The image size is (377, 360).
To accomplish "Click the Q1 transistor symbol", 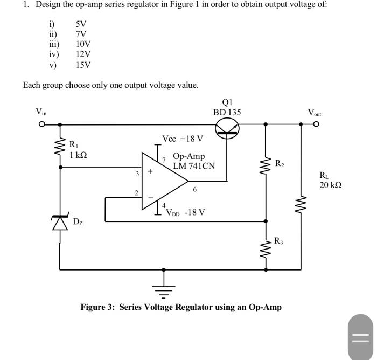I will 227,128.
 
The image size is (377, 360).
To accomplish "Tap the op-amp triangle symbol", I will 164,181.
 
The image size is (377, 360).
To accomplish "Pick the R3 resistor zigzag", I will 265,248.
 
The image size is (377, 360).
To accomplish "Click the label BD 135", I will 227,112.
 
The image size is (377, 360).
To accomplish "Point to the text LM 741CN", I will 194,166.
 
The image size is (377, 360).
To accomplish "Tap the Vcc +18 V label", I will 183,139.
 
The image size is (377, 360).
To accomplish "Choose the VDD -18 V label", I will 186,212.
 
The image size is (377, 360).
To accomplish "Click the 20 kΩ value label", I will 330,185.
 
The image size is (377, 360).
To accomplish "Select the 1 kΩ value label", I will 78,154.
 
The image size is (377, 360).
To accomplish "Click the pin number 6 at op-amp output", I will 195,189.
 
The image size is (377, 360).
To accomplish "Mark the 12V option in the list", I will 83,54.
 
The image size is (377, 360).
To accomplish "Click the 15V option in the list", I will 83,65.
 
